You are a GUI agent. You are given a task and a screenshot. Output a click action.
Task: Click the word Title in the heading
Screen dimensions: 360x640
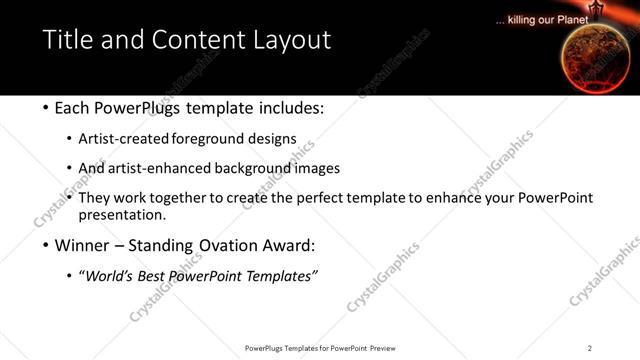click(x=67, y=41)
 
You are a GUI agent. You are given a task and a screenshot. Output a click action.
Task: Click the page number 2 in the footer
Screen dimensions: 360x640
click(x=590, y=348)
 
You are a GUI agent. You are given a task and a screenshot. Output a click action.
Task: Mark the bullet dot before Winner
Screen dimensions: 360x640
click(x=46, y=246)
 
